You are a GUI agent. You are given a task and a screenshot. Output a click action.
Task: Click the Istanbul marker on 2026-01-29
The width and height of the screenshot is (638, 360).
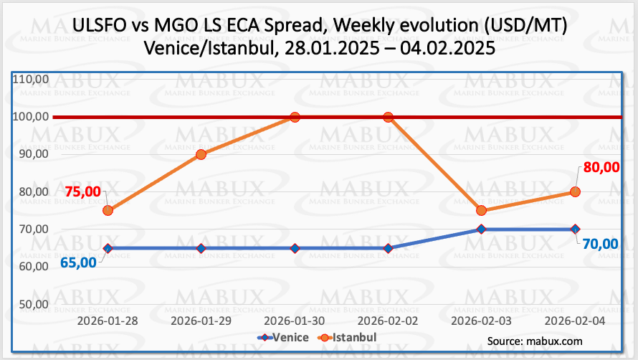(x=201, y=154)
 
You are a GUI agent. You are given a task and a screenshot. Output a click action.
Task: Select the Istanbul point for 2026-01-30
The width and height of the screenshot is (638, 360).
(x=295, y=117)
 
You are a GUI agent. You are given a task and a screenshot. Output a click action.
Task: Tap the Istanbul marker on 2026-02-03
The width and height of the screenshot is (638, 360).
(x=481, y=210)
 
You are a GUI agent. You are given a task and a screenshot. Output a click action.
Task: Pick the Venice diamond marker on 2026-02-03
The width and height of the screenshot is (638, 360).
(x=481, y=229)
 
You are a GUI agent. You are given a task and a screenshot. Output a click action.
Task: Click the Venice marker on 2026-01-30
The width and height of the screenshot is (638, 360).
(x=295, y=248)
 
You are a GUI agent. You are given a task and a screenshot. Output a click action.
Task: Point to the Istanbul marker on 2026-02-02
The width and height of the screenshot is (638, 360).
(x=388, y=117)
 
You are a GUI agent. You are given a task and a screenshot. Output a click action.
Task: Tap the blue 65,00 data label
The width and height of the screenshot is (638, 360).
(x=78, y=262)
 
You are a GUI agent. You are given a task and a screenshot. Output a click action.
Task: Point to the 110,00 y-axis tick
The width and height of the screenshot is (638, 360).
(x=31, y=79)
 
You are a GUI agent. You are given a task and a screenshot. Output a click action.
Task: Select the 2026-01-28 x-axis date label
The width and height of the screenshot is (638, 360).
(x=108, y=322)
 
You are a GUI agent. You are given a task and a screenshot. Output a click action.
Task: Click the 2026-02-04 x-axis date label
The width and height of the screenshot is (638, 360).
(x=574, y=322)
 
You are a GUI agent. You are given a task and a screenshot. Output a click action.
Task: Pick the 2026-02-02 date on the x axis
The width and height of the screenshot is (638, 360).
(x=388, y=322)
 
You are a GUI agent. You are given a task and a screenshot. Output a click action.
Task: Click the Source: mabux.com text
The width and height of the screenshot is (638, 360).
(x=534, y=341)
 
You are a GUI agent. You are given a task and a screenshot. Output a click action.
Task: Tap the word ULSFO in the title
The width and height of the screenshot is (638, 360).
(x=101, y=27)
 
